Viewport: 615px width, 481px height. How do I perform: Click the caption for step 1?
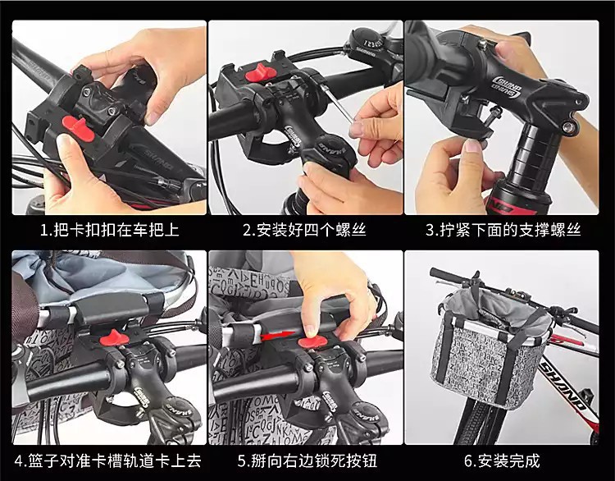point(110,230)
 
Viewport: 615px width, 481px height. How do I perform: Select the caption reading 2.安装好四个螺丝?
point(305,230)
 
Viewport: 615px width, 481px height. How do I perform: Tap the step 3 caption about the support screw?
point(503,230)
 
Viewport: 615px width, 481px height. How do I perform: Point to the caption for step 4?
point(108,460)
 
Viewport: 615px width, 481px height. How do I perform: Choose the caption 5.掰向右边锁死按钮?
point(307,460)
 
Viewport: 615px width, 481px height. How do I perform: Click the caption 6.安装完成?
point(502,460)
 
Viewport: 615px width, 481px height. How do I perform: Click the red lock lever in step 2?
point(260,74)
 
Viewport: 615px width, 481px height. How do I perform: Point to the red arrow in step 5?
point(276,336)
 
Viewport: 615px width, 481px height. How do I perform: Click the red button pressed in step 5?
point(314,342)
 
